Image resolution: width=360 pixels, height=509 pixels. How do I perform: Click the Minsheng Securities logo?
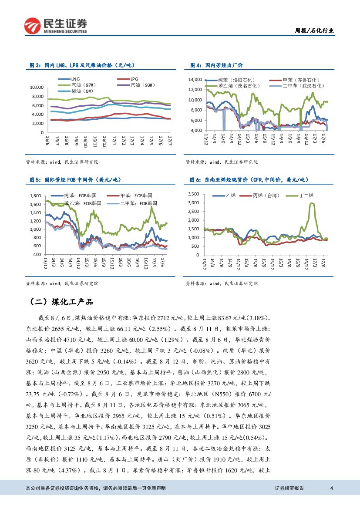pyautogui.click(x=56, y=26)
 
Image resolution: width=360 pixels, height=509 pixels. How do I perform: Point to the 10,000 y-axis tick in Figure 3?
pyautogui.click(x=37, y=87)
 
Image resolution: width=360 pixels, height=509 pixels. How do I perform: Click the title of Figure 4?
pyautogui.click(x=216, y=65)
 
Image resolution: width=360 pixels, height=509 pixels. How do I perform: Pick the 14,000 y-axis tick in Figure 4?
pyautogui.click(x=195, y=80)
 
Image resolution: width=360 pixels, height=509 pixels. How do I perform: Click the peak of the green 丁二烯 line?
pyautogui.click(x=312, y=203)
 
